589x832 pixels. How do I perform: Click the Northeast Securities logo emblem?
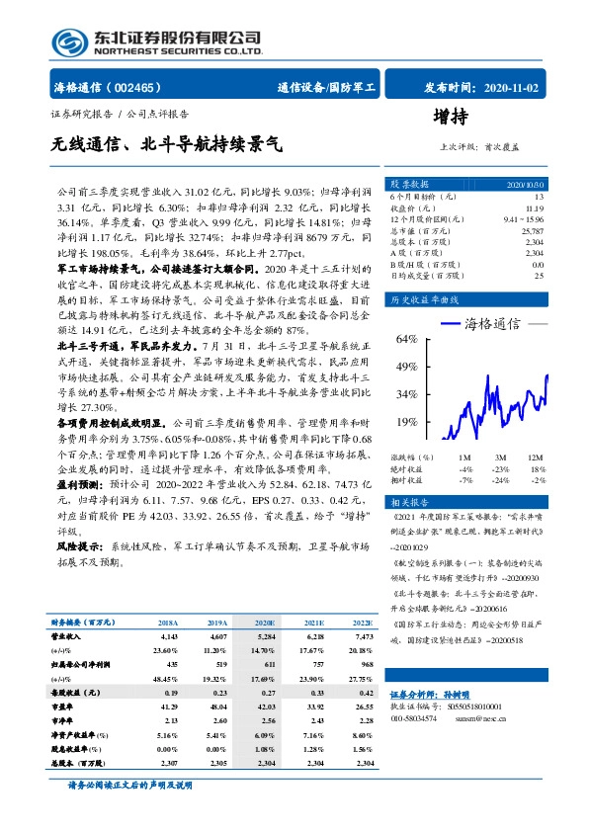[68, 41]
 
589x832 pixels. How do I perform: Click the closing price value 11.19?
[535, 208]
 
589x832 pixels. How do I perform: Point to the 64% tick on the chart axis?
[406, 340]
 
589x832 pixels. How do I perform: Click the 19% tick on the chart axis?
[406, 422]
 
